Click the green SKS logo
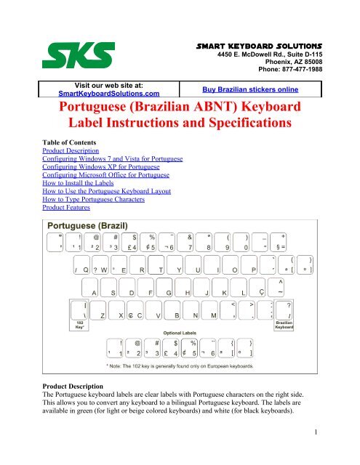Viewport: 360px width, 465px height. pyautogui.click(x=77, y=54)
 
